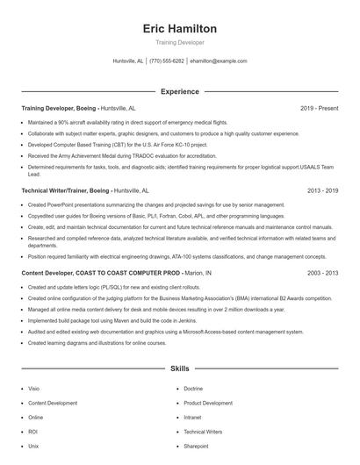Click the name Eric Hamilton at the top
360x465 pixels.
[x=179, y=29]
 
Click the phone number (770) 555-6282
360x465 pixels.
[x=167, y=61]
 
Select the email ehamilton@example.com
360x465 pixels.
[x=219, y=61]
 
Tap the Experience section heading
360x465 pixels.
[x=179, y=91]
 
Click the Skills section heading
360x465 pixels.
[x=179, y=369]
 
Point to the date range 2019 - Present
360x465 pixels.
[x=319, y=108]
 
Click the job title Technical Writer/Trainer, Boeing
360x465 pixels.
[x=66, y=190]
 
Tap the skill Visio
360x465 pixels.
[x=34, y=388]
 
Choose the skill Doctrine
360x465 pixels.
[x=193, y=388]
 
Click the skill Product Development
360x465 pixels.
[x=208, y=403]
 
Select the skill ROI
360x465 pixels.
[x=33, y=432]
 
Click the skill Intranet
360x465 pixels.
[x=193, y=418]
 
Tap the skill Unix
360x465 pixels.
[x=33, y=447]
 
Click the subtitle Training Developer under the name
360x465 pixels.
[x=179, y=42]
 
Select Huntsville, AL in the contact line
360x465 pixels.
[x=128, y=61]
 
